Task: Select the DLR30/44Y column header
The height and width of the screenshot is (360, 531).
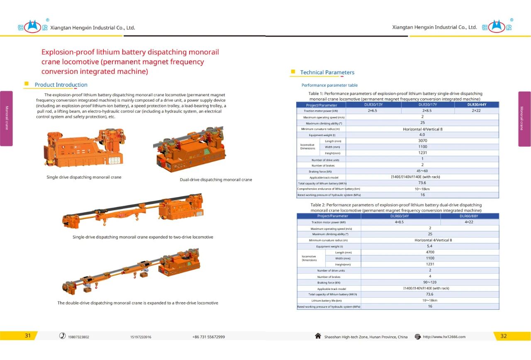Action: pyautogui.click(x=477, y=105)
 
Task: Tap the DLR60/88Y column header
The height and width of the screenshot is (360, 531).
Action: pyautogui.click(x=469, y=216)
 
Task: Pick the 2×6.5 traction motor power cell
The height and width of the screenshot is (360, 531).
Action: pyautogui.click(x=372, y=111)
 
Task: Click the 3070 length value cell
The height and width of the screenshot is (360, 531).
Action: pyautogui.click(x=422, y=141)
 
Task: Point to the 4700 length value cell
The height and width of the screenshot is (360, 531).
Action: pyautogui.click(x=430, y=252)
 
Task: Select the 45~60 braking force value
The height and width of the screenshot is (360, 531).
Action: pyautogui.click(x=422, y=171)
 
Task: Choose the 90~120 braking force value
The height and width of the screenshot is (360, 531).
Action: pyautogui.click(x=430, y=282)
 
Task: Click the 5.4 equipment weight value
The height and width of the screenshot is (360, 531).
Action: pyautogui.click(x=430, y=246)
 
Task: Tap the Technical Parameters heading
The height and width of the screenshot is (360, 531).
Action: pyautogui.click(x=327, y=72)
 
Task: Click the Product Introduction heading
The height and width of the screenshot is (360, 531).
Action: pyautogui.click(x=61, y=85)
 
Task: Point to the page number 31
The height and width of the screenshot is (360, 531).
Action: pyautogui.click(x=28, y=336)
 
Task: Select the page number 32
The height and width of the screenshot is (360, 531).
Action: pyautogui.click(x=503, y=336)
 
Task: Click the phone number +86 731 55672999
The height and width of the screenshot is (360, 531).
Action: pyautogui.click(x=209, y=337)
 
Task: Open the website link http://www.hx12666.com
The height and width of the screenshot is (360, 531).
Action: pyautogui.click(x=444, y=337)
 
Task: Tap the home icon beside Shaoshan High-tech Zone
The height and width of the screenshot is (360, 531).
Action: pyautogui.click(x=318, y=336)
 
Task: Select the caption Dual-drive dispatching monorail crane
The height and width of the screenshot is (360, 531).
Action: pyautogui.click(x=216, y=180)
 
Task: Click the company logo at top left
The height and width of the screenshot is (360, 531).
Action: pyautogui.click(x=33, y=27)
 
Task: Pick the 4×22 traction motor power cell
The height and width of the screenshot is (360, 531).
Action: pyautogui.click(x=469, y=222)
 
